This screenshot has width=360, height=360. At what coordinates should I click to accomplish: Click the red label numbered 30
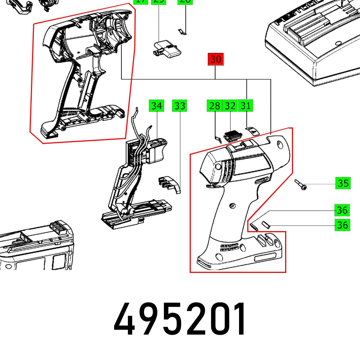pos(215,59)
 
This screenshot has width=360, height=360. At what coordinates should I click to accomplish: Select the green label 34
pos(156,106)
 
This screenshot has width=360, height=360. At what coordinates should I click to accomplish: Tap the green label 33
pos(180,106)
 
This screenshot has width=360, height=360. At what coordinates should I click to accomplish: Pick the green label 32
pos(230,106)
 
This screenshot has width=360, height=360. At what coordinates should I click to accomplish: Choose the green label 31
pos(245,106)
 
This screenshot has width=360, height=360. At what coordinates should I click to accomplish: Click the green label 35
pos(343,184)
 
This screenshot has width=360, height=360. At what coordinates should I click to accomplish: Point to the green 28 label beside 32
pos(215,106)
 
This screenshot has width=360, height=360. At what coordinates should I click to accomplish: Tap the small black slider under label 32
pos(231,135)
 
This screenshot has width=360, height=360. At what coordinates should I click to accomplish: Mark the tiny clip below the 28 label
pos(217,138)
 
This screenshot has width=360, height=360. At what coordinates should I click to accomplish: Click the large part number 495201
pos(180,319)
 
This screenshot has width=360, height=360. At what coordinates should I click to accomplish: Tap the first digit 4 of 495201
pos(124,319)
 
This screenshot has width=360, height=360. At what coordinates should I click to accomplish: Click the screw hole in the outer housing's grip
pos(232,206)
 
